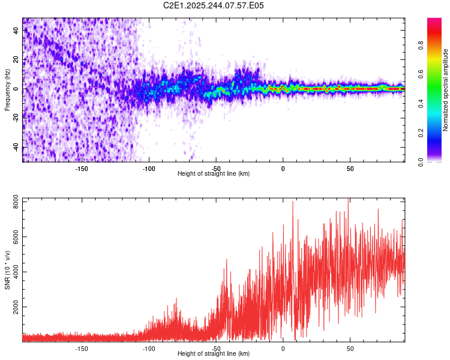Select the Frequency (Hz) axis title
7,89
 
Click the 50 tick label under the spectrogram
350,168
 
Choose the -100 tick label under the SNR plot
149,348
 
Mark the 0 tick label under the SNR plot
283,348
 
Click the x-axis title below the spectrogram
214,174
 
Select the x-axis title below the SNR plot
214,354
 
